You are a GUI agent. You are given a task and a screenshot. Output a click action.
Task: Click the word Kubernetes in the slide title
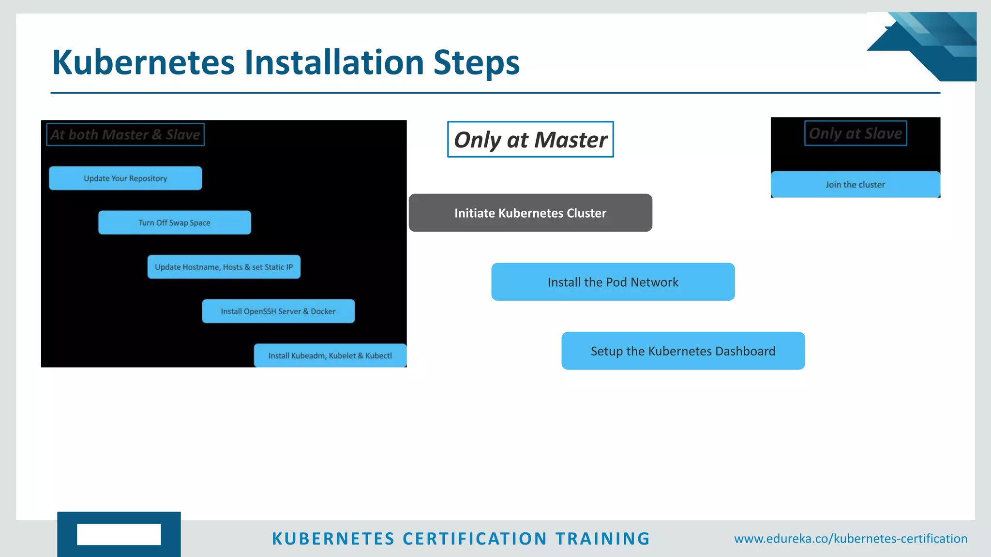143,63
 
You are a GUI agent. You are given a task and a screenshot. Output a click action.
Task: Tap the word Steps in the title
476,63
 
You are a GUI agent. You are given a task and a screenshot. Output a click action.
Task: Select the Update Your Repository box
125,178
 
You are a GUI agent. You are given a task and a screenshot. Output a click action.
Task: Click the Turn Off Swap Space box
175,223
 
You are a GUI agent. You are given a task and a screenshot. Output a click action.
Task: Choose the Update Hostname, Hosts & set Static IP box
224,267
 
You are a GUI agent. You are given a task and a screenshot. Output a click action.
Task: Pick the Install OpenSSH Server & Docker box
278,311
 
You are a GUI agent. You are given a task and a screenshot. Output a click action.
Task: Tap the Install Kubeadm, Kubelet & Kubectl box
330,356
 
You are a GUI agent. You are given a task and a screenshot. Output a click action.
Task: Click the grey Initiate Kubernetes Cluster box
530,213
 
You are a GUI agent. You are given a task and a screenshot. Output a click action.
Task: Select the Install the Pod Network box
613,282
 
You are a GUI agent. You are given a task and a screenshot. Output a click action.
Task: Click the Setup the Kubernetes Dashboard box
683,351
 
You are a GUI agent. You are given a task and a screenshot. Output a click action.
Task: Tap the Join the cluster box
855,185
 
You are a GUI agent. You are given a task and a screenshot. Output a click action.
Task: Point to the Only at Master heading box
530,140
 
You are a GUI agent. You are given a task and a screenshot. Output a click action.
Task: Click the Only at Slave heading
856,133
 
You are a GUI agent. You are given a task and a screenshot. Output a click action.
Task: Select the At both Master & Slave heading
125,134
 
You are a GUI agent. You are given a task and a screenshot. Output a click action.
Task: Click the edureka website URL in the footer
851,539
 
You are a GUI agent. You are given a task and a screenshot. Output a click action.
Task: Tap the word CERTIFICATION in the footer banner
475,539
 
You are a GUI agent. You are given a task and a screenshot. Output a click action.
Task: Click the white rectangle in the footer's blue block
119,534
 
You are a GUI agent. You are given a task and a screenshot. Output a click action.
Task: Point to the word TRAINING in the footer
602,539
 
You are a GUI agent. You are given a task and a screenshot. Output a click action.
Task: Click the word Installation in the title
334,63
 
